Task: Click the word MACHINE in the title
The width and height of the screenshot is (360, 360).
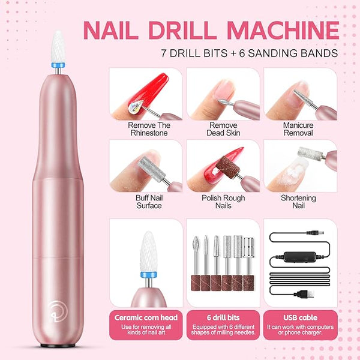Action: pyautogui.click(x=283, y=30)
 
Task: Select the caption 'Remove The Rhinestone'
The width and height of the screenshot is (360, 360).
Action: pyautogui.click(x=149, y=129)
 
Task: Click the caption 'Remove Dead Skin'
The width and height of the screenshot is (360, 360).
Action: pyautogui.click(x=223, y=129)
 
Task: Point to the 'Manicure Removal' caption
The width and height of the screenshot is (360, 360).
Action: pyautogui.click(x=298, y=129)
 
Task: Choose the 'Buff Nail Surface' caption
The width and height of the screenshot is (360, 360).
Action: pyautogui.click(x=149, y=202)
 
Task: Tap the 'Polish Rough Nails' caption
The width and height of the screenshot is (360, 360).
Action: pyautogui.click(x=223, y=202)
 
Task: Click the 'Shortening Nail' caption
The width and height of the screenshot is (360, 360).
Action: pyautogui.click(x=298, y=202)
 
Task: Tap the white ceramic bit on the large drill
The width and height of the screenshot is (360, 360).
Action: pyautogui.click(x=58, y=47)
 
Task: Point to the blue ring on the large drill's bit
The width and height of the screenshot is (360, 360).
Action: pyautogui.click(x=58, y=65)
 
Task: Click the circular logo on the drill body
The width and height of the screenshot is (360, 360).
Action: pyautogui.click(x=58, y=311)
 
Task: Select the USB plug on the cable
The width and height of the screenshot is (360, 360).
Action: pyautogui.click(x=304, y=294)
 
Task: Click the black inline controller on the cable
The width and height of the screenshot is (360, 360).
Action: pyautogui.click(x=300, y=257)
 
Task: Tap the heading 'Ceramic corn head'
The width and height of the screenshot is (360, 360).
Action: pyautogui.click(x=146, y=317)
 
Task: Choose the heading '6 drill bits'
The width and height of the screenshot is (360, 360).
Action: pyautogui.click(x=223, y=317)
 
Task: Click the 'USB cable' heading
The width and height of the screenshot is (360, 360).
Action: pyautogui.click(x=301, y=317)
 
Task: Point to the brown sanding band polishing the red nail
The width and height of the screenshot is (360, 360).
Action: pyautogui.click(x=228, y=167)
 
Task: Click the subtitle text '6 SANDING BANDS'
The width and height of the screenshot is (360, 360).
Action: pyautogui.click(x=289, y=53)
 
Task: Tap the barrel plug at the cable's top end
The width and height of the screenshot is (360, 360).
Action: pyautogui.click(x=315, y=233)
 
